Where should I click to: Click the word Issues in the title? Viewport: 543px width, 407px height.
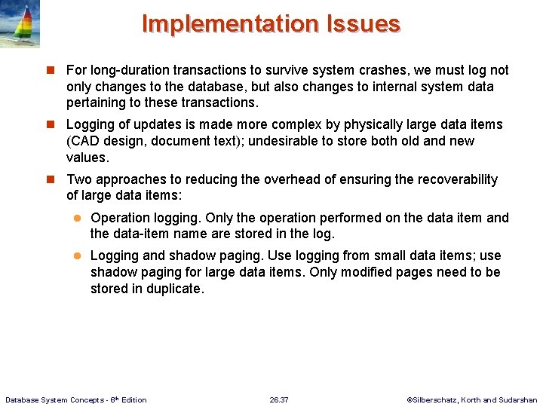coord(363,24)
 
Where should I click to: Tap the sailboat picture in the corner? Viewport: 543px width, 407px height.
coord(20,24)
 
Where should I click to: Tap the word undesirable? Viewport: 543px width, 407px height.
coord(287,141)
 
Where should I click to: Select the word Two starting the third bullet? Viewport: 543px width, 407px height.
coord(80,179)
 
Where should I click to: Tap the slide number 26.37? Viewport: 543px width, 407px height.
coord(279,399)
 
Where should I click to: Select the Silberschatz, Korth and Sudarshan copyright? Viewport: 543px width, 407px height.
coord(471,399)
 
